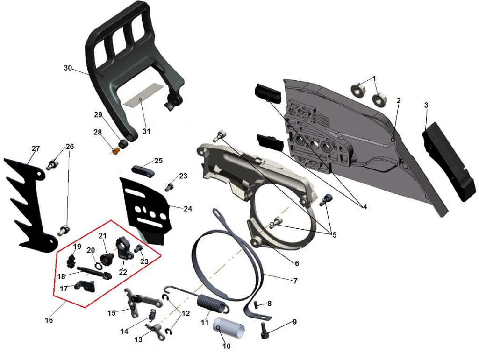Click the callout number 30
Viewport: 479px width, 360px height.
point(68,68)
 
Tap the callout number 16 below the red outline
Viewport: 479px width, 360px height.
point(49,320)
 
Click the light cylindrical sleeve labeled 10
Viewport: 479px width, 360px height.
point(229,328)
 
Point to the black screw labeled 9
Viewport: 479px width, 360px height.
point(264,330)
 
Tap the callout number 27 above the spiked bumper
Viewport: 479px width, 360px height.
point(36,148)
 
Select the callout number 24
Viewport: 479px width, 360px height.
point(187,208)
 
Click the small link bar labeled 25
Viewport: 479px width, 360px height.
point(143,171)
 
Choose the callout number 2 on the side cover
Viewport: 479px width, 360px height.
point(398,100)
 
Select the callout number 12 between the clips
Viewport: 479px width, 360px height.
point(186,313)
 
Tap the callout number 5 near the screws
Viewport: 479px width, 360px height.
point(334,235)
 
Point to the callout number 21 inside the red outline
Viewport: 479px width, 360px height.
point(102,235)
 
